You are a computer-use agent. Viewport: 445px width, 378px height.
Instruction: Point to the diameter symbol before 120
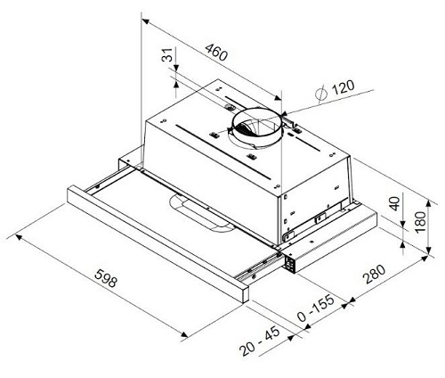pyautogui.click(x=320, y=91)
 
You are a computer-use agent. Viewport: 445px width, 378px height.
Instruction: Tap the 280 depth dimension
pyautogui.click(x=374, y=276)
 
